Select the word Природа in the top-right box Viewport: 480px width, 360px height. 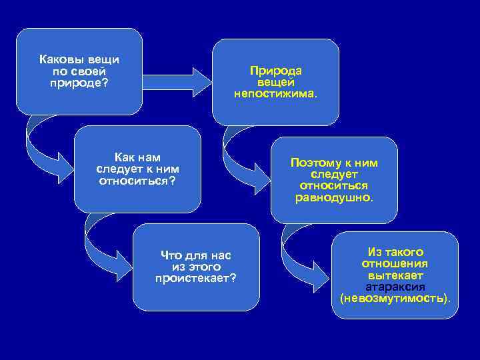pos(275,71)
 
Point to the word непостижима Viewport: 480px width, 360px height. pos(275,93)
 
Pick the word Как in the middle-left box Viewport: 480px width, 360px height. pos(123,157)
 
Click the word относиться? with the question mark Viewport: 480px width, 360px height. pos(137,180)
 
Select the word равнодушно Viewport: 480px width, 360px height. pos(334,197)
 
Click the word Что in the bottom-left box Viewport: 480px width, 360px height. pos(171,255)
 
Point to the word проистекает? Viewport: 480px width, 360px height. pos(195,277)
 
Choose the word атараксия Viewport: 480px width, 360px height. pos(395,287)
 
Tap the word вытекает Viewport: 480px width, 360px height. pos(395,275)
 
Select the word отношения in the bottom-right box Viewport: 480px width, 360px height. pos(395,264)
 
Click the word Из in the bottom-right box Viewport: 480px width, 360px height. pos(373,253)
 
